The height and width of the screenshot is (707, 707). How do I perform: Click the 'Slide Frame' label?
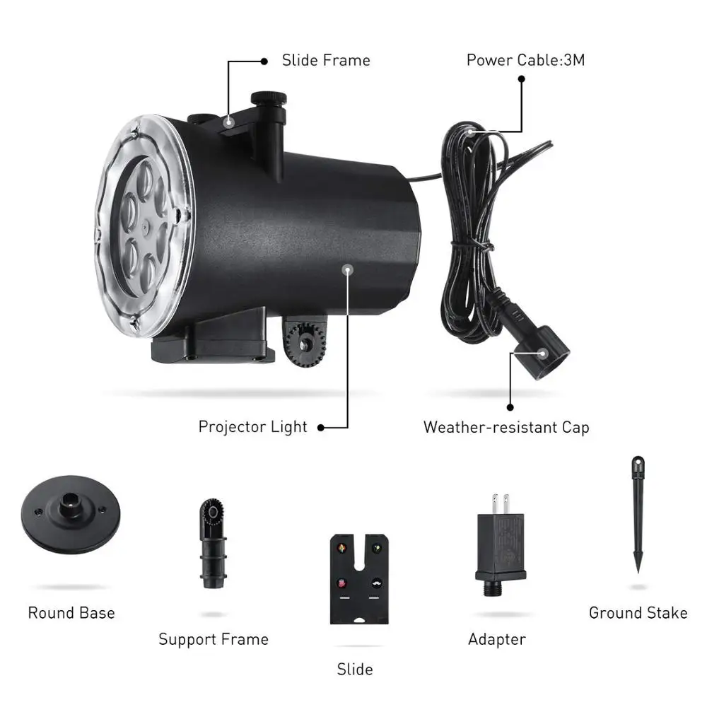[x=326, y=60]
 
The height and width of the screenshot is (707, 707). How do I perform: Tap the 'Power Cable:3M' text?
[x=525, y=60]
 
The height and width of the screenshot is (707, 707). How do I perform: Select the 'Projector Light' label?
[x=252, y=426]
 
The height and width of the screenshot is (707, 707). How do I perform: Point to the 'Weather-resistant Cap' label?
[x=506, y=427]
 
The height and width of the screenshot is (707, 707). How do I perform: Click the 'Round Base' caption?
[x=71, y=612]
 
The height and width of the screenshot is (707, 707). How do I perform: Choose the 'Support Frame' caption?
[x=214, y=639]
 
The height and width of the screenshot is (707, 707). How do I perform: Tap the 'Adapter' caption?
[x=497, y=639]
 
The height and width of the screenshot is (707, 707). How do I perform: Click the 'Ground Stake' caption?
[x=638, y=612]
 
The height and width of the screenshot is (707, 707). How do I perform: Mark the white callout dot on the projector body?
[x=347, y=269]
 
